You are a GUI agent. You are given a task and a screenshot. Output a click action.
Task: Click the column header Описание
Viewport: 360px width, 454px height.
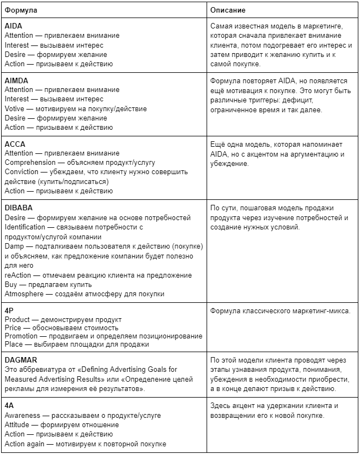coord(228,10)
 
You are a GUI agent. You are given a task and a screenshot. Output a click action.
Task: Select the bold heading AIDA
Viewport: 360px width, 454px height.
coord(13,26)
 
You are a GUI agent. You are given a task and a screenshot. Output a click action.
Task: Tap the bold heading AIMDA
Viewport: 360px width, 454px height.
coord(16,81)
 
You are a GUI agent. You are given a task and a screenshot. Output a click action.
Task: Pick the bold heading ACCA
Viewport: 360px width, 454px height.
coord(15,144)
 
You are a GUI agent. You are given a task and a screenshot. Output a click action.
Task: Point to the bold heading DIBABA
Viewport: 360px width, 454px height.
coord(19,208)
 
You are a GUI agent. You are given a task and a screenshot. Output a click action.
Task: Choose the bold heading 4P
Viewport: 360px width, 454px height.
coord(9,310)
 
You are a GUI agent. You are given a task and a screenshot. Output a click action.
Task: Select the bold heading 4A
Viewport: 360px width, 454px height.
coord(9,406)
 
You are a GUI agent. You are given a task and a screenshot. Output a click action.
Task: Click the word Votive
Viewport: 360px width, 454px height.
coord(15,108)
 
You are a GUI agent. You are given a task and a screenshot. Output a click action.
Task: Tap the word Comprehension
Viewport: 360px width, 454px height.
coord(30,163)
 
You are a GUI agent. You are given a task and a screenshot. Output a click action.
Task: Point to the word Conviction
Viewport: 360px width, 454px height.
coord(22,172)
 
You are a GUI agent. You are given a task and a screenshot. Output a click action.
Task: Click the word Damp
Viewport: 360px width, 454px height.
coord(14,246)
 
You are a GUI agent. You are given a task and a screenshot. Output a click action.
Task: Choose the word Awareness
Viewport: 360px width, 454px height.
coord(22,416)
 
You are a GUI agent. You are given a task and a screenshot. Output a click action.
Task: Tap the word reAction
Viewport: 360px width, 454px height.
coord(18,275)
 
